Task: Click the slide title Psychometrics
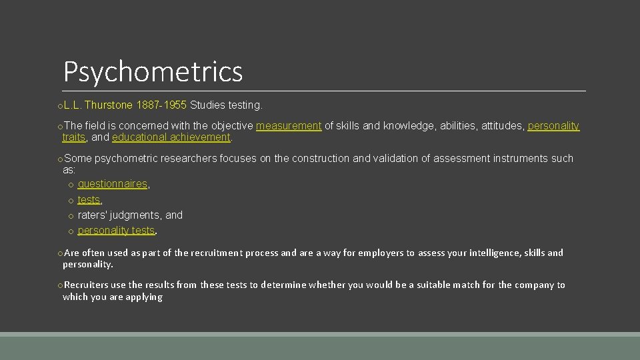point(153,71)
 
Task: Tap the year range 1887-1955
point(161,105)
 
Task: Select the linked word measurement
point(289,125)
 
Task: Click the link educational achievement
point(171,137)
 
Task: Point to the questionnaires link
point(112,184)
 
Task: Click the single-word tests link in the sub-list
point(89,199)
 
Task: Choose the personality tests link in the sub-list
point(116,230)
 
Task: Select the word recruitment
point(216,253)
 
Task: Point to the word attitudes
point(500,125)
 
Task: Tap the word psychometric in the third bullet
point(125,159)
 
